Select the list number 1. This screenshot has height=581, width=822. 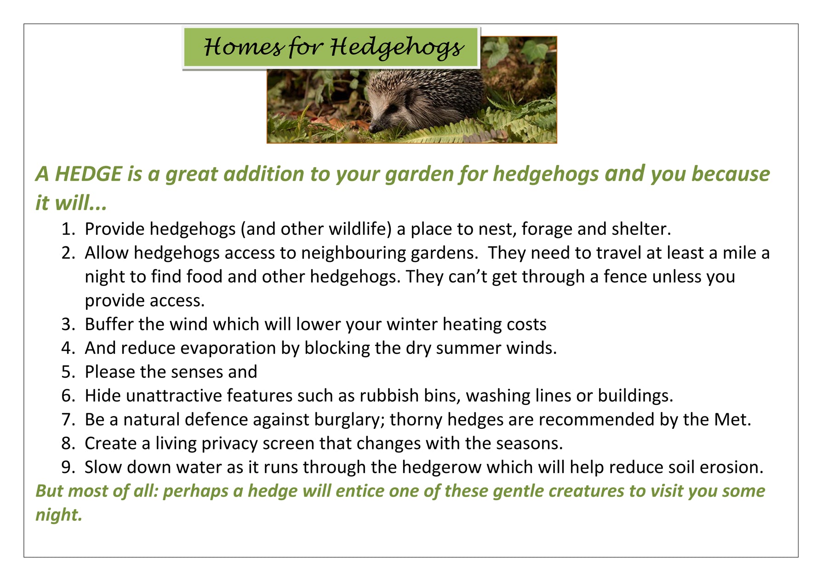click(x=68, y=229)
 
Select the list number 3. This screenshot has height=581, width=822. click(x=68, y=325)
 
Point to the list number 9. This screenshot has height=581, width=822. click(x=68, y=467)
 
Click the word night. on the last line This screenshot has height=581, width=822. click(x=59, y=515)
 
